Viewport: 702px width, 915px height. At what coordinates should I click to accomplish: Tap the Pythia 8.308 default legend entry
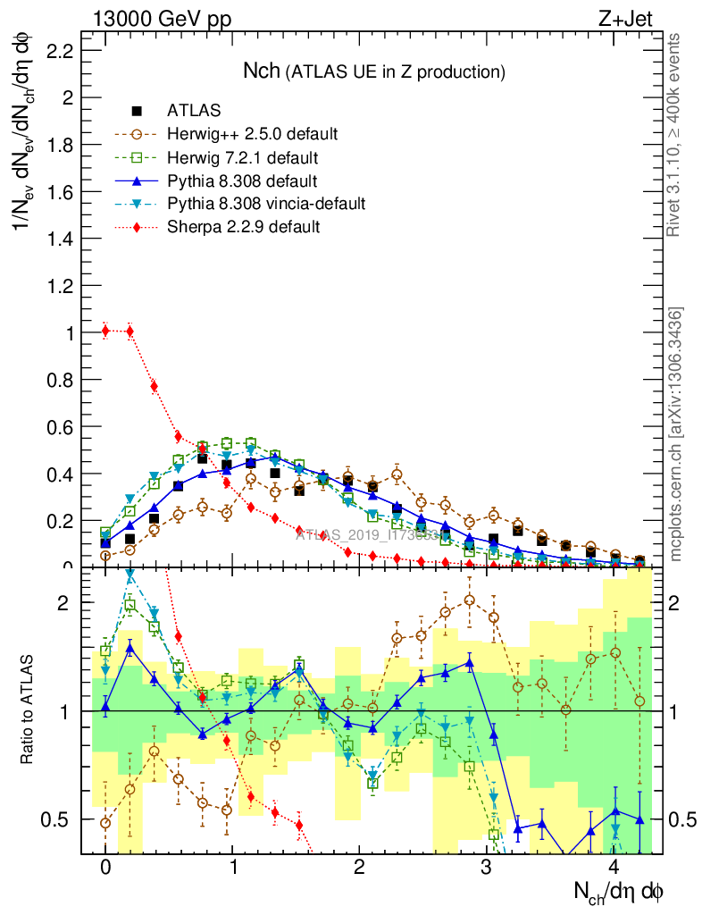pos(242,180)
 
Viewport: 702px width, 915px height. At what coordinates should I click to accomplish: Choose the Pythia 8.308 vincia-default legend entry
pos(266,204)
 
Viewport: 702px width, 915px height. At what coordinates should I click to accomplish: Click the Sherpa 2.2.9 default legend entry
pos(243,227)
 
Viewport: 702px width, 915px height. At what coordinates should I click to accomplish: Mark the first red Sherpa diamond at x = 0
pos(105,332)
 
